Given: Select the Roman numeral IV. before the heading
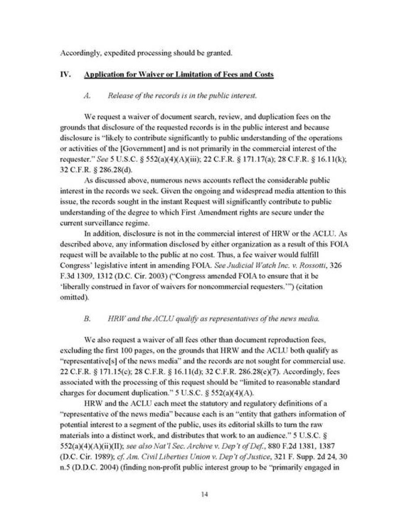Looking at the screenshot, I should tap(64, 74).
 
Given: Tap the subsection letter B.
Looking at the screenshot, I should tap(87, 319).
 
